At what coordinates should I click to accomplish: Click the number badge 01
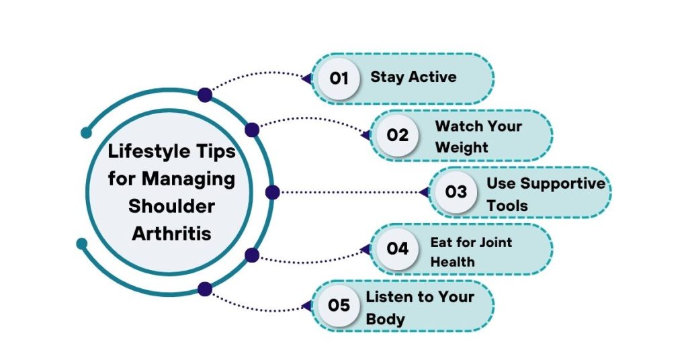coord(339,79)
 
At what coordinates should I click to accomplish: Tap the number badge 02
coord(398,135)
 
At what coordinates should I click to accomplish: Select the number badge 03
coord(456,191)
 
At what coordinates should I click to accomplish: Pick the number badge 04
coord(398,249)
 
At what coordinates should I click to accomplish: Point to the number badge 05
coord(339,305)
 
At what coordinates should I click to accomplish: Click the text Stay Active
coord(413,77)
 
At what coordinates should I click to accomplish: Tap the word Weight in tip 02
coord(462,147)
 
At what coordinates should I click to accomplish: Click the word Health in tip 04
coord(452,262)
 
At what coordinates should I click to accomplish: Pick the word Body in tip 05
coord(385,319)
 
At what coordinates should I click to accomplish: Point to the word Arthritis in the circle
coord(171,233)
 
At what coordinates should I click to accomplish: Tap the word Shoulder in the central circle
coord(171,206)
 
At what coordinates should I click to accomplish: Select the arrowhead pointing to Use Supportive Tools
coord(425,192)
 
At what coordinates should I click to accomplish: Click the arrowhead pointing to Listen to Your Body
coord(307,305)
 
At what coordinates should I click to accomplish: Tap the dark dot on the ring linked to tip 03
coord(273,192)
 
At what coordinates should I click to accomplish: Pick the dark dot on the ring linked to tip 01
coord(205,95)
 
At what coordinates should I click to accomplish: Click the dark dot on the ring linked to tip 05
coord(205,289)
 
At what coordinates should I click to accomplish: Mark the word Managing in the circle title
coord(188,179)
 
